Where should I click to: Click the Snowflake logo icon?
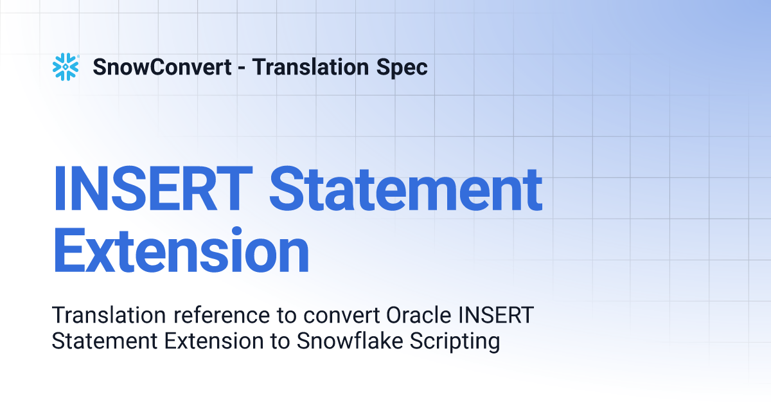66,67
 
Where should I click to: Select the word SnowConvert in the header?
162,67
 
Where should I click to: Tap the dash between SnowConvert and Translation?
242,68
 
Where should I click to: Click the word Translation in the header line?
310,67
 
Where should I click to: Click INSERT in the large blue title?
153,188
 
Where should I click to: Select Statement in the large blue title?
406,188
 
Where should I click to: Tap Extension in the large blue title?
181,250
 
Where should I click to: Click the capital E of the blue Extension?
69,250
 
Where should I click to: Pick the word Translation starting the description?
109,315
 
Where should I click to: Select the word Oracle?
418,315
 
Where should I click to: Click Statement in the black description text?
105,341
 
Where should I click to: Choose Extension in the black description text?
214,341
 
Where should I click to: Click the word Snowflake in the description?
350,341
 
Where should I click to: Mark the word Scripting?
455,342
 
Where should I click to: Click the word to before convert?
287,316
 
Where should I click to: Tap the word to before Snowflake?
280,341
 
